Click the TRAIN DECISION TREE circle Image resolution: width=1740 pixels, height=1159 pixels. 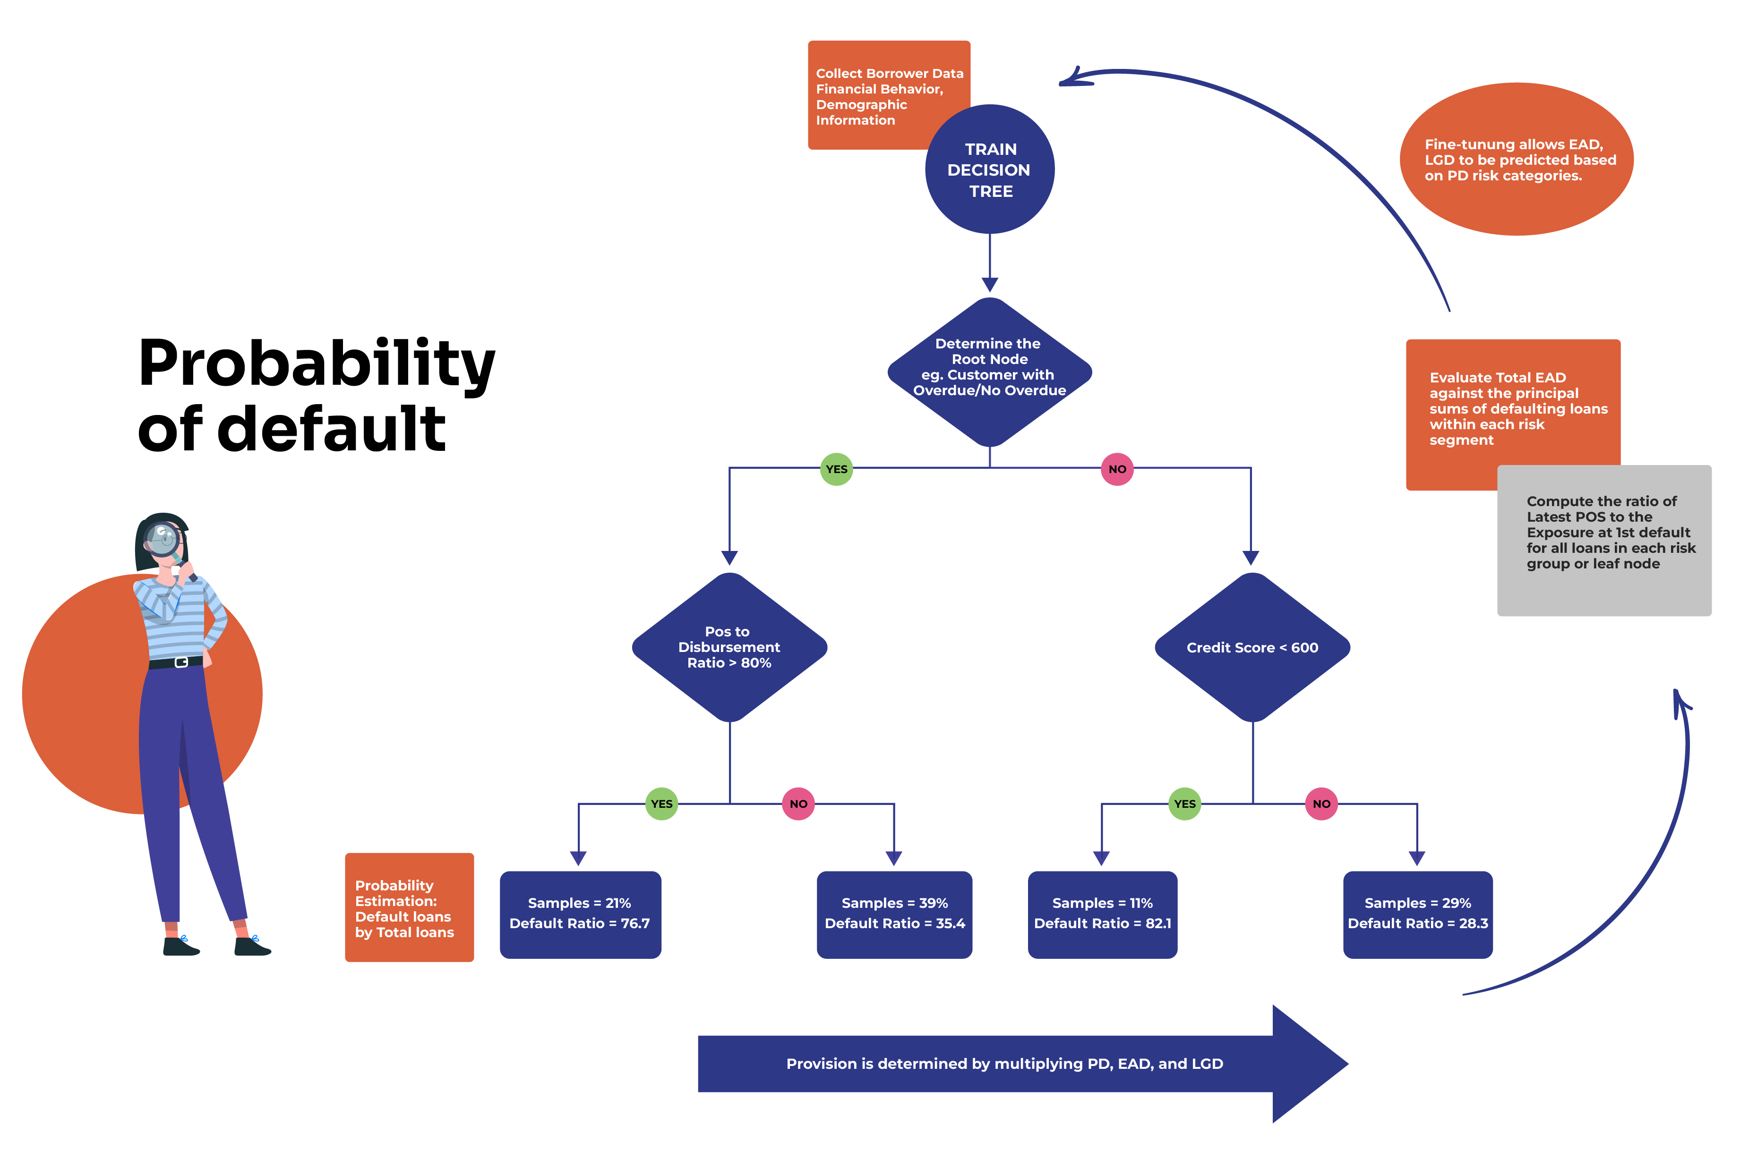pyautogui.click(x=989, y=169)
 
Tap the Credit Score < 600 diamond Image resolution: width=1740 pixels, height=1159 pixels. pyautogui.click(x=1252, y=648)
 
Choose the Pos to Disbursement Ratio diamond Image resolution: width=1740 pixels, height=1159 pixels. pyautogui.click(x=729, y=648)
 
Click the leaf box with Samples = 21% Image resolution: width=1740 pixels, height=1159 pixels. pyautogui.click(x=580, y=914)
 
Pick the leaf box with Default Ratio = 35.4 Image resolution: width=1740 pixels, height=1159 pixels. pyautogui.click(x=894, y=914)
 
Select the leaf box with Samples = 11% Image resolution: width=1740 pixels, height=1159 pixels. pyautogui.click(x=1102, y=914)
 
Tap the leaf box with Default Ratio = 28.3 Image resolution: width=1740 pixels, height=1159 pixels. pyautogui.click(x=1417, y=914)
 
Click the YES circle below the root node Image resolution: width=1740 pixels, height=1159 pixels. pyautogui.click(x=836, y=469)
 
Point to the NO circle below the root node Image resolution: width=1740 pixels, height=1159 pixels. pyautogui.click(x=1117, y=469)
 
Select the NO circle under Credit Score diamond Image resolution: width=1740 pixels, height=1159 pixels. pyautogui.click(x=1321, y=804)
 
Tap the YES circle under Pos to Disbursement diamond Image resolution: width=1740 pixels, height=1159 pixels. pyautogui.click(x=661, y=804)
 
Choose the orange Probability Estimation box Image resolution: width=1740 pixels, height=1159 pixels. pyautogui.click(x=409, y=908)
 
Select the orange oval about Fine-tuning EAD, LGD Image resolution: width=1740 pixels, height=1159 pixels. pyautogui.click(x=1516, y=160)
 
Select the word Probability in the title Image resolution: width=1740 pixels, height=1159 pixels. pyautogui.click(x=317, y=364)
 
